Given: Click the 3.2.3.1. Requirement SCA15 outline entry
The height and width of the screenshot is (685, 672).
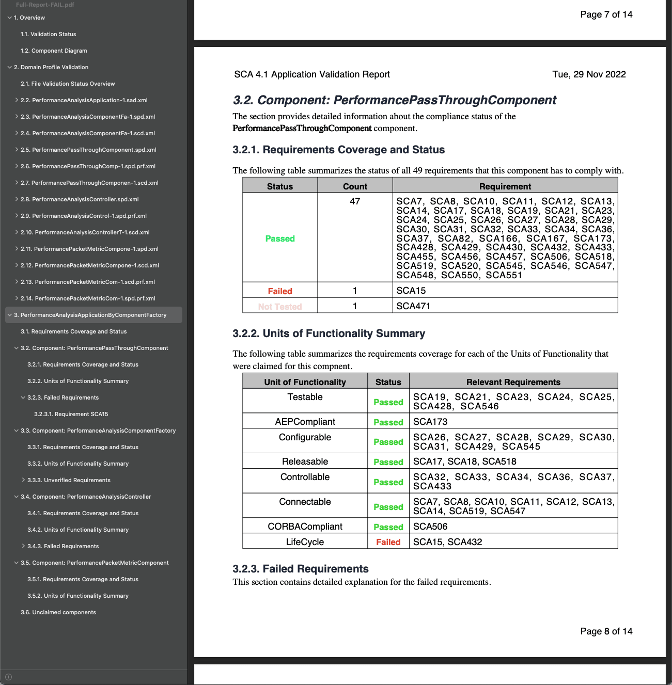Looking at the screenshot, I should click(x=71, y=414).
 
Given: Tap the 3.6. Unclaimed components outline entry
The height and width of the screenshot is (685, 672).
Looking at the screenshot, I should click(x=58, y=612).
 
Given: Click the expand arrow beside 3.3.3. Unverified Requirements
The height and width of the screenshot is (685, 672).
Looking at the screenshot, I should click(x=23, y=480).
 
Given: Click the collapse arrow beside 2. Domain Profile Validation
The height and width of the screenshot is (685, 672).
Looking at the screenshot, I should click(x=9, y=67).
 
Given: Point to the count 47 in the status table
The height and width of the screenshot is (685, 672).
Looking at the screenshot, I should click(x=355, y=201).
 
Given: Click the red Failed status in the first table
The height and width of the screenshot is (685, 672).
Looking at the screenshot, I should click(x=280, y=291).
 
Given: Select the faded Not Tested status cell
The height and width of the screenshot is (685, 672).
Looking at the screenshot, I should click(x=280, y=307).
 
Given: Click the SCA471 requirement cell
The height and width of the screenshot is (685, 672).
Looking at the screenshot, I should click(x=413, y=306).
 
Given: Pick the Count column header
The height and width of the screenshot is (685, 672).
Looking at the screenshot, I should click(x=355, y=186).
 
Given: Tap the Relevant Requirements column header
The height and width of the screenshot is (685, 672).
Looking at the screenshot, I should click(x=513, y=382).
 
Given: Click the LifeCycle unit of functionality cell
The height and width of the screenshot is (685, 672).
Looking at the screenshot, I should click(x=305, y=542).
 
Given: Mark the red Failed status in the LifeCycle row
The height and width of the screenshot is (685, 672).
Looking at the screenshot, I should click(x=388, y=542).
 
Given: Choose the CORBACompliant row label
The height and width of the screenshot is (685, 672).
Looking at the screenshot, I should click(x=305, y=527).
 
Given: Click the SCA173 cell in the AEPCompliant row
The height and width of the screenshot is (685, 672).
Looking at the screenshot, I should click(x=430, y=422).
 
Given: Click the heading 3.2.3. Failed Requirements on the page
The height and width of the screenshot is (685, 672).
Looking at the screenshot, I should click(x=300, y=569).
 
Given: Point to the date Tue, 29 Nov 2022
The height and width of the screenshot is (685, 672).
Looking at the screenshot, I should click(x=589, y=74).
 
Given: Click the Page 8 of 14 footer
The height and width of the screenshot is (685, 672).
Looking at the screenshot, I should click(x=606, y=631).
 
